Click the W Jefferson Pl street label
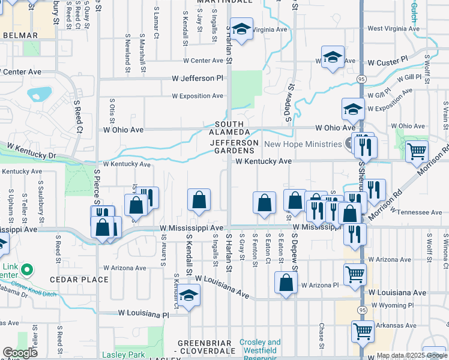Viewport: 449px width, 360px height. [x=197, y=79]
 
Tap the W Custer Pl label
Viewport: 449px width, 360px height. [x=388, y=62]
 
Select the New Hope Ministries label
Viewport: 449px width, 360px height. [x=304, y=144]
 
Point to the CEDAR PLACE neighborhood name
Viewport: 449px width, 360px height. [x=79, y=280]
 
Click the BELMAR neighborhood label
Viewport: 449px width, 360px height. [x=20, y=35]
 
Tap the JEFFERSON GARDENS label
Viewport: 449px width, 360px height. [x=234, y=147]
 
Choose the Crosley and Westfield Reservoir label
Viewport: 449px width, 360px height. [x=260, y=346]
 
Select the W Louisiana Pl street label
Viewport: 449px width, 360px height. [x=144, y=313]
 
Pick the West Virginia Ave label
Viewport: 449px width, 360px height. [x=393, y=28]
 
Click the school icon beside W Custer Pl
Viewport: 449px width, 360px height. [x=333, y=58]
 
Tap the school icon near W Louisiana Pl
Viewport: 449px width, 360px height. [x=188, y=296]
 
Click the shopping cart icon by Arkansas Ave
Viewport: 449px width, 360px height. [x=363, y=331]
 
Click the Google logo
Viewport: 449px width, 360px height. [x=20, y=353]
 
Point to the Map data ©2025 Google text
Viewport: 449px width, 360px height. [x=411, y=355]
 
